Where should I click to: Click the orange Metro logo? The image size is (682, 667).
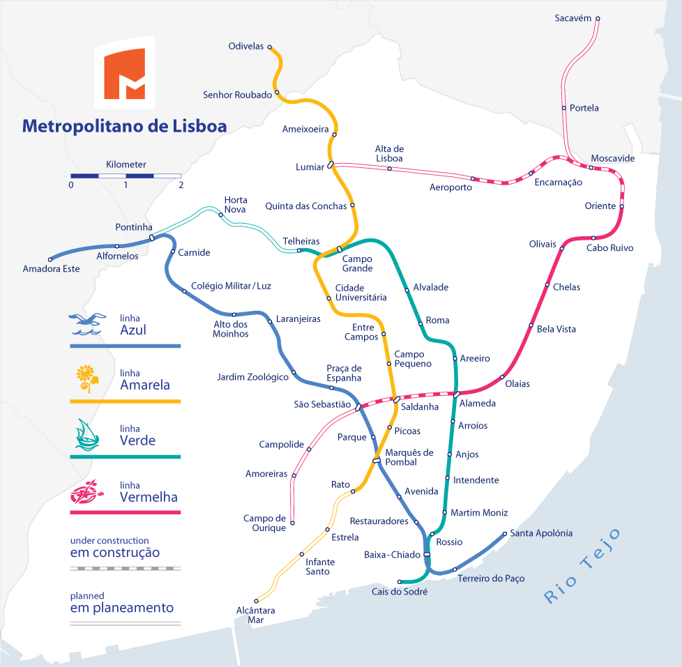pyautogui.click(x=124, y=72)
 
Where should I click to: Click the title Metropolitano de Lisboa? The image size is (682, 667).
pyautogui.click(x=124, y=126)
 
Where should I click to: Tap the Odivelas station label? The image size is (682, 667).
pyautogui.click(x=246, y=47)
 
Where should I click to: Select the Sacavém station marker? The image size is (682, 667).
pyautogui.click(x=598, y=19)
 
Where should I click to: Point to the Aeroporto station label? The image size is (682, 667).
pyautogui.click(x=450, y=187)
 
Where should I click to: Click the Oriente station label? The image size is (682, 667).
pyautogui.click(x=600, y=206)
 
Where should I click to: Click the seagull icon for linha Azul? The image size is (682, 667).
pyautogui.click(x=87, y=323)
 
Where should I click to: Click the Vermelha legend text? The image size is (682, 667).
pyautogui.click(x=149, y=498)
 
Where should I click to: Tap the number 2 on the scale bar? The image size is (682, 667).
pyautogui.click(x=181, y=185)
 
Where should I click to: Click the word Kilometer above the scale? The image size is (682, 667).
pyautogui.click(x=126, y=164)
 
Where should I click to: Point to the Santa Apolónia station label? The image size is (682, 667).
pyautogui.click(x=541, y=533)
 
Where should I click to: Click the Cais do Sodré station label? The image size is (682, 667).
pyautogui.click(x=400, y=592)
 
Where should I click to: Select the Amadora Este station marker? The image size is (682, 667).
pyautogui.click(x=50, y=259)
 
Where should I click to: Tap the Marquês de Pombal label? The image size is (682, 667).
pyautogui.click(x=409, y=457)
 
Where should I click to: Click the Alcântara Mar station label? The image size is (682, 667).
pyautogui.click(x=256, y=615)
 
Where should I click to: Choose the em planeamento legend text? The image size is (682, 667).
pyautogui.click(x=122, y=608)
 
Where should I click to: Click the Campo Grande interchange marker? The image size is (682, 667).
pyautogui.click(x=340, y=249)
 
